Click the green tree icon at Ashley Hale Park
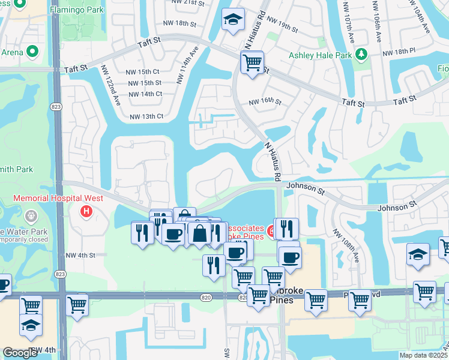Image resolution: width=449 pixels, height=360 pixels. pyautogui.click(x=361, y=55)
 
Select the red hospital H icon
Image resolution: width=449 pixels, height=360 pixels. pyautogui.click(x=86, y=211)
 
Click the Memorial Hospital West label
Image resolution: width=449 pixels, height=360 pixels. pyautogui.click(x=58, y=198)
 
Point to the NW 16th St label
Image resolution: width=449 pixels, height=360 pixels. pyautogui.click(x=265, y=101)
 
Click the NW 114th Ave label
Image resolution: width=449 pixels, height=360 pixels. pyautogui.click(x=186, y=65)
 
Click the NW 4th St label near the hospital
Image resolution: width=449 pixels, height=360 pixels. pyautogui.click(x=81, y=255)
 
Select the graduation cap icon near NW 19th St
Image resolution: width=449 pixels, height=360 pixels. pyautogui.click(x=232, y=20)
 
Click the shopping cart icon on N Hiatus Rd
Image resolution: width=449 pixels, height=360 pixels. pyautogui.click(x=252, y=62)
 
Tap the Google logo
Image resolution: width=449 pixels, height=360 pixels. pyautogui.click(x=20, y=353)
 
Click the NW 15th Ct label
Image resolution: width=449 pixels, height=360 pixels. pyautogui.click(x=143, y=71)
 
